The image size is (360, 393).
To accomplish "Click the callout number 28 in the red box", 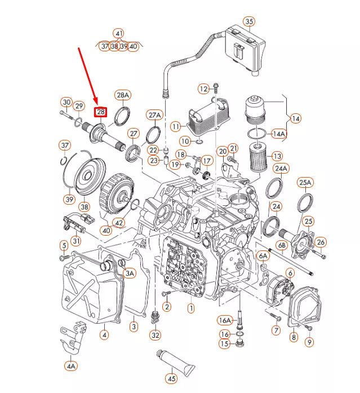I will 100,112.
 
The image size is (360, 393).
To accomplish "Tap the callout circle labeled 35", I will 249,22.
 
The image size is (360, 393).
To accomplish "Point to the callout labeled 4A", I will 70,366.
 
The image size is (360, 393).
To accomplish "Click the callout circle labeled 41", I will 118,33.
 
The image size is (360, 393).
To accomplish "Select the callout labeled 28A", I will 123,95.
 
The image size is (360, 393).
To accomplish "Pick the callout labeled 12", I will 203,89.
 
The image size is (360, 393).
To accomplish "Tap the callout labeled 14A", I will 279,134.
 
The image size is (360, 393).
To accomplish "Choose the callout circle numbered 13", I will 277,156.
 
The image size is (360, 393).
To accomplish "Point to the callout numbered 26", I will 321,242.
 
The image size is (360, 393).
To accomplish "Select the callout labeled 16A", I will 224,320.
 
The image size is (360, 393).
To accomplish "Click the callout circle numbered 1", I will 191,308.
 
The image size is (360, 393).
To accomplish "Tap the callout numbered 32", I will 155,335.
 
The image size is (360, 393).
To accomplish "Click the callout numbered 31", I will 75,241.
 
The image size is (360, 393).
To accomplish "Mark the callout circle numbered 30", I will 66,103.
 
